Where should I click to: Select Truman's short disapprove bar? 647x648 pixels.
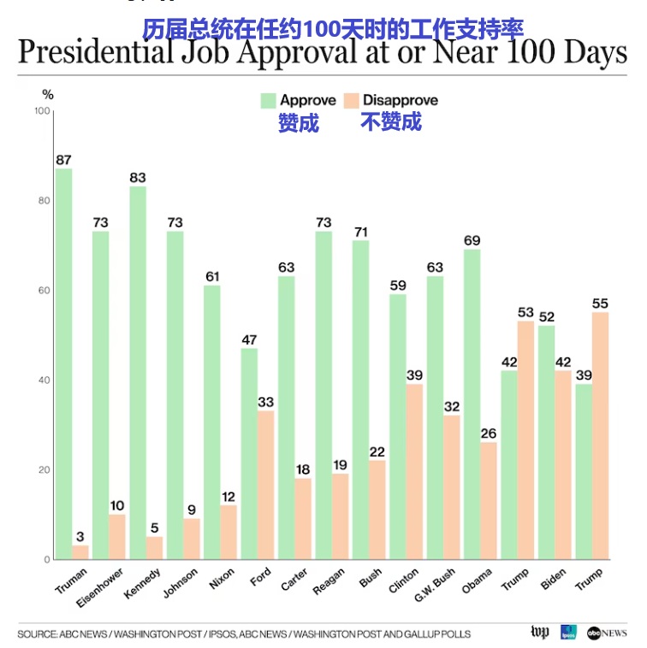click(x=80, y=552)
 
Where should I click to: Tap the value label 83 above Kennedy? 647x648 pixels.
click(x=138, y=178)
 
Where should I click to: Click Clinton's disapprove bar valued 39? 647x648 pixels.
click(x=414, y=471)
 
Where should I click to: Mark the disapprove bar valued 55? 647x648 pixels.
click(x=600, y=435)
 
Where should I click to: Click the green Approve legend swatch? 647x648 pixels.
click(x=268, y=101)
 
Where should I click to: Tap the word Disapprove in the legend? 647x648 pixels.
click(x=401, y=101)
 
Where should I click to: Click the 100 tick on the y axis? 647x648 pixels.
click(x=40, y=111)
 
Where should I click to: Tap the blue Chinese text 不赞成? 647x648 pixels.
click(x=390, y=122)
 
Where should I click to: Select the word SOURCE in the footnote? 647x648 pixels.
click(x=37, y=634)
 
